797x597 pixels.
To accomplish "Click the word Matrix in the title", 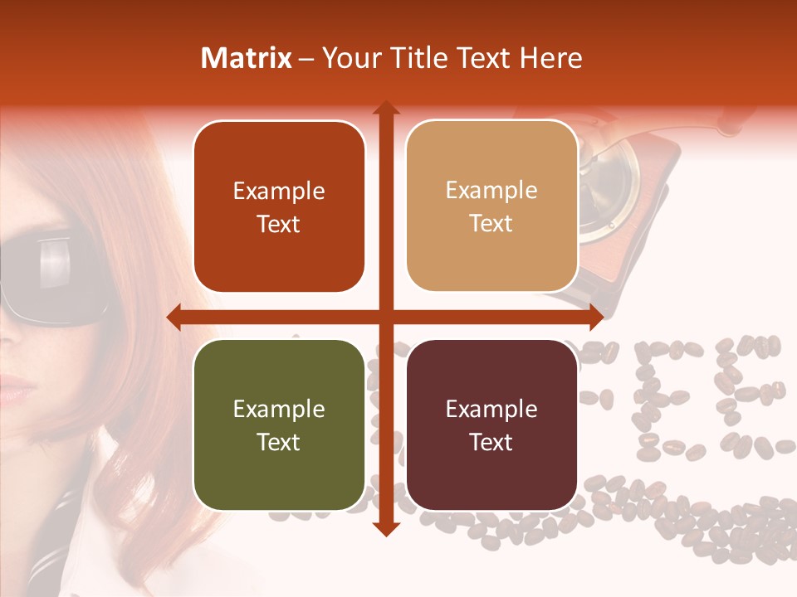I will (247, 58).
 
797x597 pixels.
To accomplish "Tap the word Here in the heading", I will (550, 58).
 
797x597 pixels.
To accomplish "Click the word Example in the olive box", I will (279, 410).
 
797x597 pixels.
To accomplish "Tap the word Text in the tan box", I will (491, 224).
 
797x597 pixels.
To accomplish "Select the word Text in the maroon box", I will (491, 442).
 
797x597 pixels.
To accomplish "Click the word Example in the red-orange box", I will (279, 192).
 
